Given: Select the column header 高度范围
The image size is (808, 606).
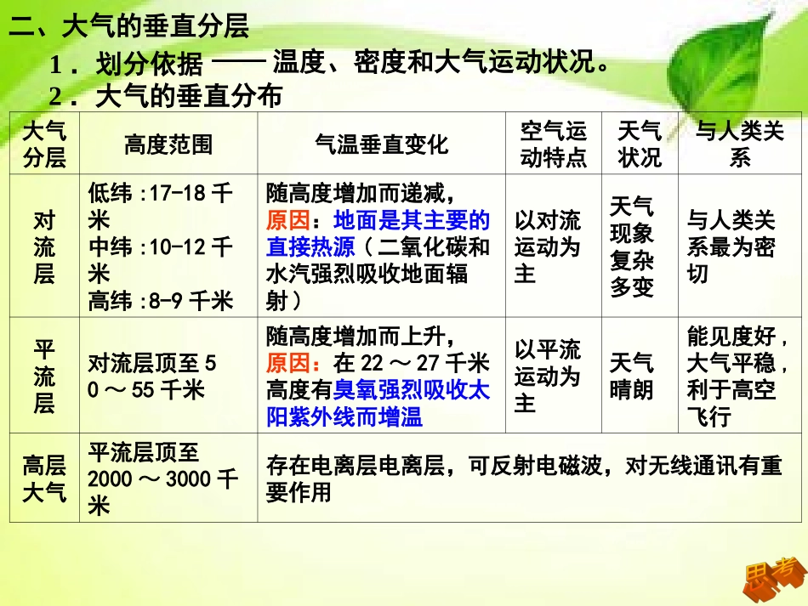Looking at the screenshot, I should pos(168,144).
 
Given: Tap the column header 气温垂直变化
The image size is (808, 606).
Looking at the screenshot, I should pos(381,144).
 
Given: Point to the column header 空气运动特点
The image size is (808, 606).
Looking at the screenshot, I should pos(553,144).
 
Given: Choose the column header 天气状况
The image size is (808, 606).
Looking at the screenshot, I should pos(640,144).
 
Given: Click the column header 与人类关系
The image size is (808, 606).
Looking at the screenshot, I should pos(739,144).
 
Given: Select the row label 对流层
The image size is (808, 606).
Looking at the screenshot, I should pos(44,246).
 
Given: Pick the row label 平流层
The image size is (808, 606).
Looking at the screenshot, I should pos(44,376).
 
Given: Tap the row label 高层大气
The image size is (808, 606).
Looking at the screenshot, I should pos(44,478).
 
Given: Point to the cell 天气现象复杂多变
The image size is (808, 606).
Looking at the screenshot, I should pos(632,246).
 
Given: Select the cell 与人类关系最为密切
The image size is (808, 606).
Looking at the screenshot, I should pos(731,246).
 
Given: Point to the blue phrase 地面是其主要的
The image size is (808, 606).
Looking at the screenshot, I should pos(412,221).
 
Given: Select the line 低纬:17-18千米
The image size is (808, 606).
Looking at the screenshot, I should pos(160,206).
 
